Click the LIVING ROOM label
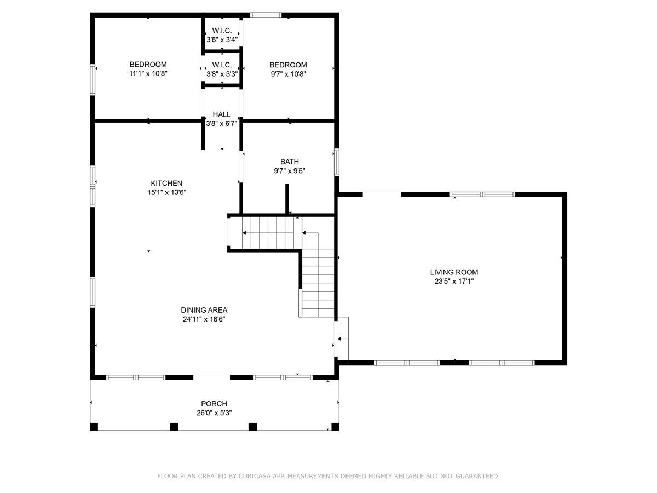click(x=454, y=272)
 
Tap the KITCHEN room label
click(x=166, y=183)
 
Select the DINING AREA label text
click(x=205, y=310)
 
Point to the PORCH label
click(x=214, y=404)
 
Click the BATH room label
click(x=290, y=162)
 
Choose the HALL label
click(x=222, y=114)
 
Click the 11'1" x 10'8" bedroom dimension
click(x=148, y=73)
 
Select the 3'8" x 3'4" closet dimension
click(x=222, y=40)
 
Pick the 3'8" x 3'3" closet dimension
click(x=222, y=73)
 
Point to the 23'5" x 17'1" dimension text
click(x=454, y=282)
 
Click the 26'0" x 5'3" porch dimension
click(x=214, y=414)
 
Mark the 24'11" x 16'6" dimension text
click(x=205, y=319)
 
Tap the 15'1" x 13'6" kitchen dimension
click(x=166, y=192)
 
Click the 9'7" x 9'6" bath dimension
click(x=290, y=171)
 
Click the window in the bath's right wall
click(x=337, y=162)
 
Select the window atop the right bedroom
click(x=266, y=15)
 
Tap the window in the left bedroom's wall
click(x=93, y=80)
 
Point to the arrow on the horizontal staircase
click(x=244, y=233)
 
